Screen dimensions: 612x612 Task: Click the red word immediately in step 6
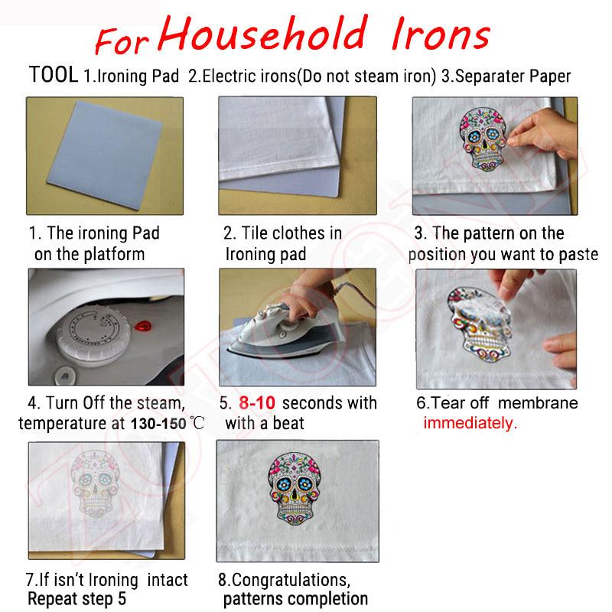[470, 423]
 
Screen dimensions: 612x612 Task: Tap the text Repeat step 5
[76, 598]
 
